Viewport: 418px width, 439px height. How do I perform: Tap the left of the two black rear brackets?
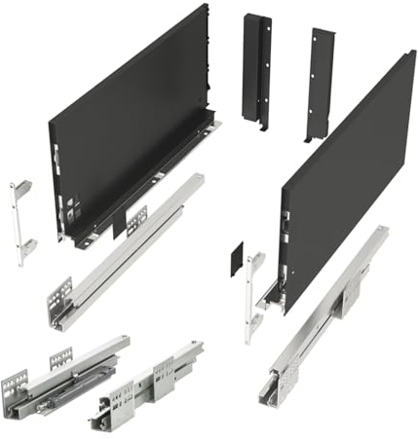point(257,68)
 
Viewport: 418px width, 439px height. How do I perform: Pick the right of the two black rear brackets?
point(319,83)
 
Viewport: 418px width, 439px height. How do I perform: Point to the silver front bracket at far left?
point(20,221)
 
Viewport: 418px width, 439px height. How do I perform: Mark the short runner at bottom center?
point(146,384)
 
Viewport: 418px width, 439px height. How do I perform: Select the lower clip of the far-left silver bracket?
point(26,245)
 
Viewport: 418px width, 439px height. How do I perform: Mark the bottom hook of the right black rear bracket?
point(310,136)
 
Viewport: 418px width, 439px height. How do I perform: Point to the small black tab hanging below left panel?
point(120,228)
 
